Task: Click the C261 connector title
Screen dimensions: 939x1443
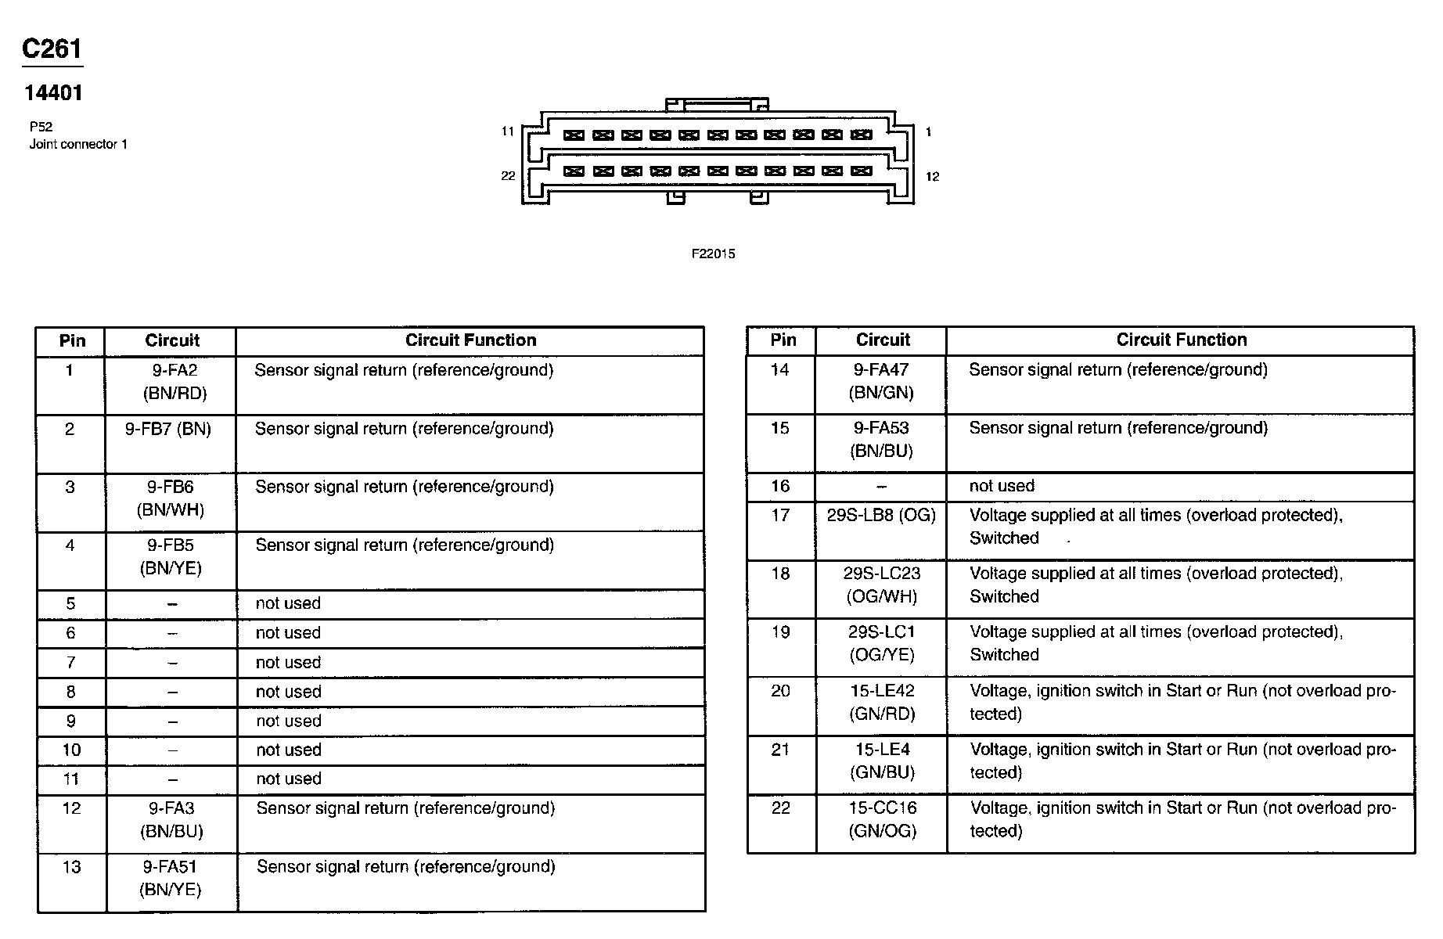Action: [52, 49]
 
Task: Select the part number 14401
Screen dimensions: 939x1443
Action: [53, 93]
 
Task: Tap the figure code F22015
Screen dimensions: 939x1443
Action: [713, 254]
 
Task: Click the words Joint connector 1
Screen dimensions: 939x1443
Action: [78, 144]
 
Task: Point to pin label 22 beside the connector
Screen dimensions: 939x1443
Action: [508, 175]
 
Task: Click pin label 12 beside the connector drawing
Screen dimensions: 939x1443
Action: [932, 176]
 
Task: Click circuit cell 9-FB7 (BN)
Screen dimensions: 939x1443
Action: [168, 429]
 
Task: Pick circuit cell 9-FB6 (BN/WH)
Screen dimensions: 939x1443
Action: [171, 498]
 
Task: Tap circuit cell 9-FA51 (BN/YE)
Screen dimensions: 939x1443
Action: [170, 878]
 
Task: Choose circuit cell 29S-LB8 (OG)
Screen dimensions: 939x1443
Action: [881, 515]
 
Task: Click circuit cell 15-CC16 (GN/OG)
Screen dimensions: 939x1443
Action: [882, 819]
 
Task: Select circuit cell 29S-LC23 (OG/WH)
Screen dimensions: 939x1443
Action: [882, 585]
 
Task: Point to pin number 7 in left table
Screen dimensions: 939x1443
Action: [71, 663]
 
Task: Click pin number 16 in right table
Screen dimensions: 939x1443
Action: [780, 486]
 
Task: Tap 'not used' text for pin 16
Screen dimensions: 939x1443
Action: [1002, 486]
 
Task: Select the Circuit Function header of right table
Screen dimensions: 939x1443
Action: [1181, 340]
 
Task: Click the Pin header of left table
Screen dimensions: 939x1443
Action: [72, 340]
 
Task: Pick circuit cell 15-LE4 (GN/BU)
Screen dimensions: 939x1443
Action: [882, 761]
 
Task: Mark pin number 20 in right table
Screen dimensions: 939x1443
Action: [780, 691]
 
